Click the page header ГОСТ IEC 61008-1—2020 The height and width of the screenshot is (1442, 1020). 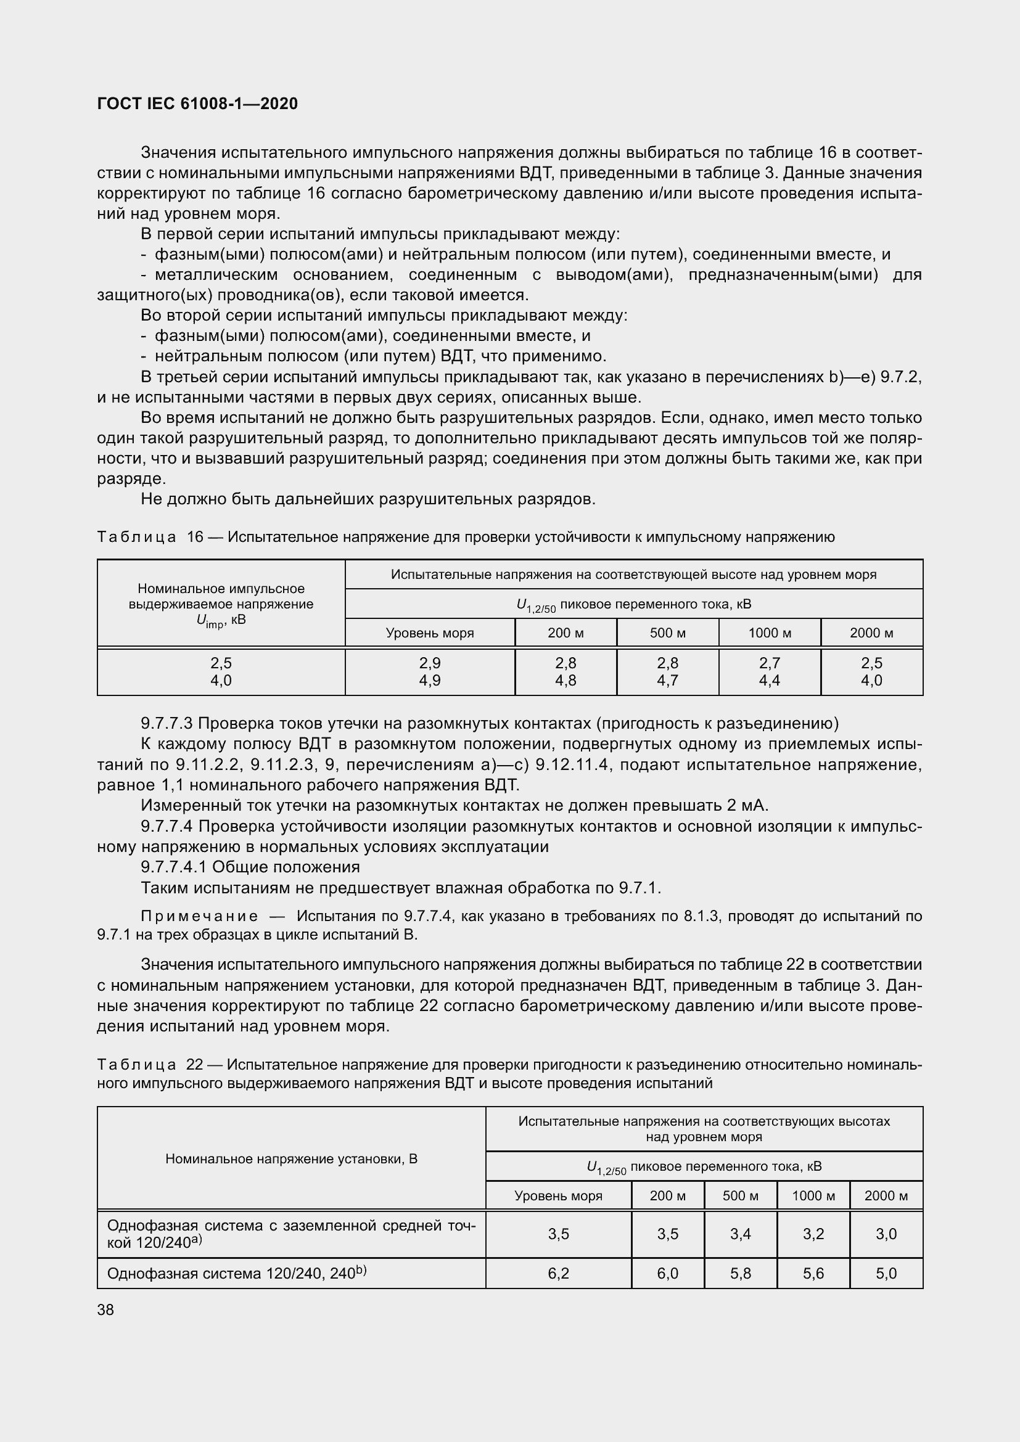(x=197, y=104)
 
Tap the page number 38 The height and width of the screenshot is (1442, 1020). (x=105, y=1309)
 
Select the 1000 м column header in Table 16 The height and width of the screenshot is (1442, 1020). (x=769, y=633)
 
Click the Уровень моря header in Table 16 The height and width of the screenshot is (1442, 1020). (x=430, y=633)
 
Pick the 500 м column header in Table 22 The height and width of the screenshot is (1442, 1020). (x=740, y=1195)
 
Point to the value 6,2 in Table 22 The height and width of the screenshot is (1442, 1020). (x=557, y=1273)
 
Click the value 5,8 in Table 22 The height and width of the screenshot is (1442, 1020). (x=740, y=1273)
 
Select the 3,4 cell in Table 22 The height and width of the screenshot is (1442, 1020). (x=740, y=1234)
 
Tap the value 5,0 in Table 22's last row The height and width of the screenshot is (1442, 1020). (x=886, y=1273)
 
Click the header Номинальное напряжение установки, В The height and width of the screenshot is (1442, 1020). (x=292, y=1159)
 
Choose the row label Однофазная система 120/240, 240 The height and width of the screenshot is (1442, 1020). (x=236, y=1273)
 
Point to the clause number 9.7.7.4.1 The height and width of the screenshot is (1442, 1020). (x=174, y=867)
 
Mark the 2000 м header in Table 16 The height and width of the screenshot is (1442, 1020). (x=871, y=633)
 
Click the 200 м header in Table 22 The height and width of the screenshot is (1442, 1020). (x=667, y=1195)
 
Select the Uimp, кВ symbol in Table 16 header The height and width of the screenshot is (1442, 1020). (x=220, y=621)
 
